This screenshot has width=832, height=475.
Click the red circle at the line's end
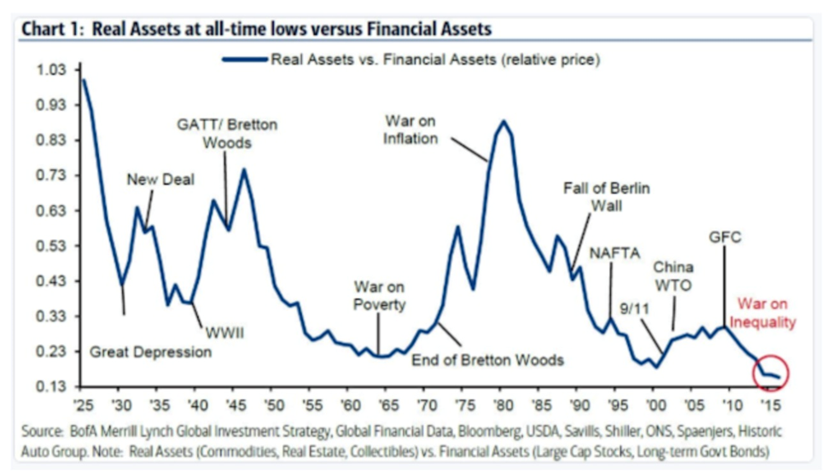click(x=771, y=373)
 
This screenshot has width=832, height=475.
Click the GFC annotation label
click(x=725, y=237)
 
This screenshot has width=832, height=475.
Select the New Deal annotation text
click(x=160, y=179)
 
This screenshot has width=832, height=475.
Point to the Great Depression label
click(x=150, y=351)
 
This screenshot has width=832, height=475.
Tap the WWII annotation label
click(x=223, y=333)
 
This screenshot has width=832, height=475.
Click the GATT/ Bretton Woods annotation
click(x=227, y=133)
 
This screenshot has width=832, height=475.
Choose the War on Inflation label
click(x=411, y=129)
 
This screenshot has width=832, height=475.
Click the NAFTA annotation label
click(x=613, y=253)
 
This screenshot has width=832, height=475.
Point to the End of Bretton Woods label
click(x=487, y=360)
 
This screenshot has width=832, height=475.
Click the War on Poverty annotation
click(x=380, y=296)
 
